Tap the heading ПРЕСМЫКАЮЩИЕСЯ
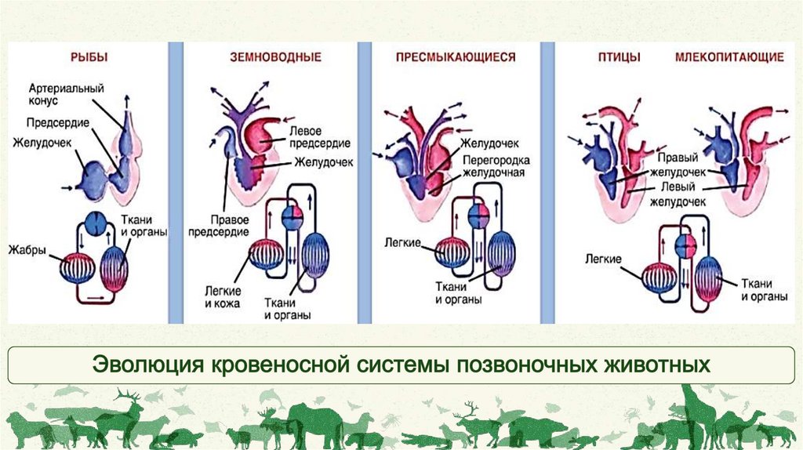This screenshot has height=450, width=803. (x=445, y=56)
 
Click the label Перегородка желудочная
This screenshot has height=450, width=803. (x=492, y=166)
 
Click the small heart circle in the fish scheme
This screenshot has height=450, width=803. (x=96, y=223)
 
